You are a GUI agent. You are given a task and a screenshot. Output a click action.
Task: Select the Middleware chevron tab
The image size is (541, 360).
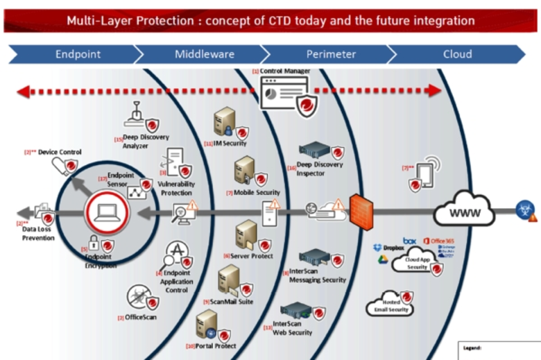click(x=204, y=54)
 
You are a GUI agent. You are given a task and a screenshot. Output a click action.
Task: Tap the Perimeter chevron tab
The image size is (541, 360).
click(x=331, y=54)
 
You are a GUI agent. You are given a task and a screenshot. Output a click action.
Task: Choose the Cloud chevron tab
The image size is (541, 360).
click(x=457, y=54)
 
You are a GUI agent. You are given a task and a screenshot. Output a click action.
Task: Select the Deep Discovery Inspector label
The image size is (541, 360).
click(x=320, y=169)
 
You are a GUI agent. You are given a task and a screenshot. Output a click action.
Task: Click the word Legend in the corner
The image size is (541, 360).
click(x=474, y=348)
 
